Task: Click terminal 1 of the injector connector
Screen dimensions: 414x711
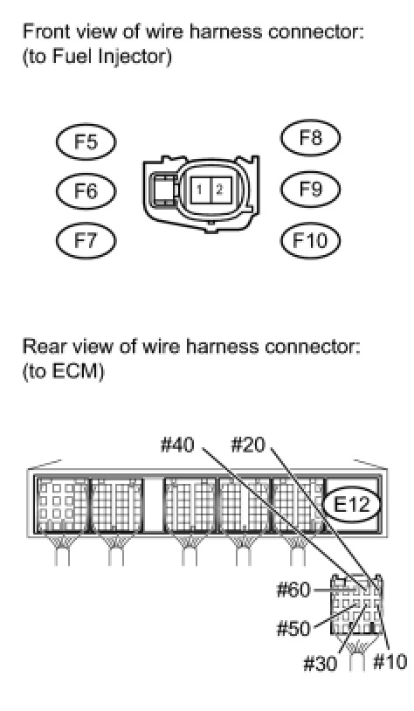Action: coord(200,189)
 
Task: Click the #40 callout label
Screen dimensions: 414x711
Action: coord(178,445)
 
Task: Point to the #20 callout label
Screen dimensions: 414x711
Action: coord(247,445)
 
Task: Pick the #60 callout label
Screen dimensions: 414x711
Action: coord(293,590)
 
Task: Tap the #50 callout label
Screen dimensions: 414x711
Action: coord(293,629)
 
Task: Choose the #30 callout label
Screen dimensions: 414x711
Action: coord(321,664)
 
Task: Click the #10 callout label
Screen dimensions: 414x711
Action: coord(390,661)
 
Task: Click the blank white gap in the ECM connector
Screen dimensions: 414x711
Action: coord(153,503)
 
